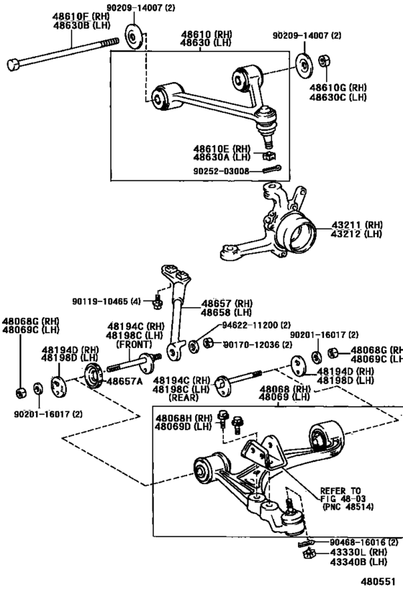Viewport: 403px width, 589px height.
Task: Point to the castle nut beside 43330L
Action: [x=310, y=553]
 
